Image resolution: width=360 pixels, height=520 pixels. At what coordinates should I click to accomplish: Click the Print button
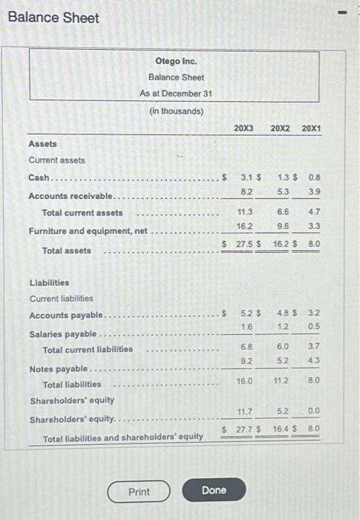point(139,492)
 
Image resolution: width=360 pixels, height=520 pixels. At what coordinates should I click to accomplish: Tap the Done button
point(214,491)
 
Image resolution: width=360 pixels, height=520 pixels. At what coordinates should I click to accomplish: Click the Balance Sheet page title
point(53,17)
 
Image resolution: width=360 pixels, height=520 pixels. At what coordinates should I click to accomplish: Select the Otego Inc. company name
point(176,61)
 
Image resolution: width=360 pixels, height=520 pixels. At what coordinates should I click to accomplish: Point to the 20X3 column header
point(243,129)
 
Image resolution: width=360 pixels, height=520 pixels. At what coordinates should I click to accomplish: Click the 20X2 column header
point(280,129)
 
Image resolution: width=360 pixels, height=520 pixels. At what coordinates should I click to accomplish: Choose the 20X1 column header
point(312,129)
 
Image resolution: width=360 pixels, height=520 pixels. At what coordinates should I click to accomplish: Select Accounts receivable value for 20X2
point(284,192)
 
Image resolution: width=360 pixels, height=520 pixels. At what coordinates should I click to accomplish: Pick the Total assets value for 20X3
point(246,244)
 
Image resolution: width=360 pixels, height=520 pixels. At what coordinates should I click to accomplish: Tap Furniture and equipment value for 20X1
point(314,226)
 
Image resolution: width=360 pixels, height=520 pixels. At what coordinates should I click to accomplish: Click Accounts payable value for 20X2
point(284,313)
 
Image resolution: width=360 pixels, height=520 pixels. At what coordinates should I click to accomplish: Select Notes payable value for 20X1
point(314,362)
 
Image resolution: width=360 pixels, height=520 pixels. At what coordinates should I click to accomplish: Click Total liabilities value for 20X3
point(245,380)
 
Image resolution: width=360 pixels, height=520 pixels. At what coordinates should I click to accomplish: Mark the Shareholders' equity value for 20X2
point(284,411)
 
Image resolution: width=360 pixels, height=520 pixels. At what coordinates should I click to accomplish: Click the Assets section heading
point(42,144)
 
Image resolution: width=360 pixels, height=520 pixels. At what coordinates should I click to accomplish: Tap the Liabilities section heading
point(49,282)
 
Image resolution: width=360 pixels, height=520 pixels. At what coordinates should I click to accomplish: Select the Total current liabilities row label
point(88,350)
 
